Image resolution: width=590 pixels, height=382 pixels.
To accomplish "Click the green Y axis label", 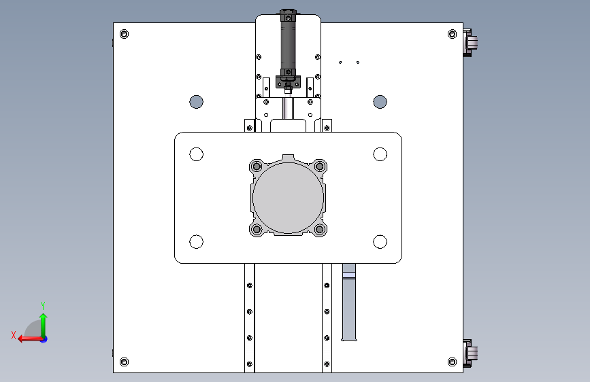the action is coord(43,305).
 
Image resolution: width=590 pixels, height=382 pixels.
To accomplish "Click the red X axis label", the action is coord(14,335).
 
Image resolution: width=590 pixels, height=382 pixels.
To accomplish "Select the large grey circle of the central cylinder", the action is coord(289,198).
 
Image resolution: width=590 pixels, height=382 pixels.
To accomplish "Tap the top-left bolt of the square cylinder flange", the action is coord(257,166).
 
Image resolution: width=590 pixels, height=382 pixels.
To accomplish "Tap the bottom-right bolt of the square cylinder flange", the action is coord(319,229).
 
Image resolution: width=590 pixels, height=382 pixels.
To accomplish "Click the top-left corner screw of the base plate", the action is coord(124,34).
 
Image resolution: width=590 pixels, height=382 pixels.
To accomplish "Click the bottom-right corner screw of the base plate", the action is coord(453,362).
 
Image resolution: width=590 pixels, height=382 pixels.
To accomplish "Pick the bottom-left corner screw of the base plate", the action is coord(124,362).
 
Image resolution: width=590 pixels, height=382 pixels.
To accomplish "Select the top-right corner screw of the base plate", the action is coord(453,34).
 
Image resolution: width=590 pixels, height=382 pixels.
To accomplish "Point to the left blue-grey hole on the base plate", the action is coord(197,101).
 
